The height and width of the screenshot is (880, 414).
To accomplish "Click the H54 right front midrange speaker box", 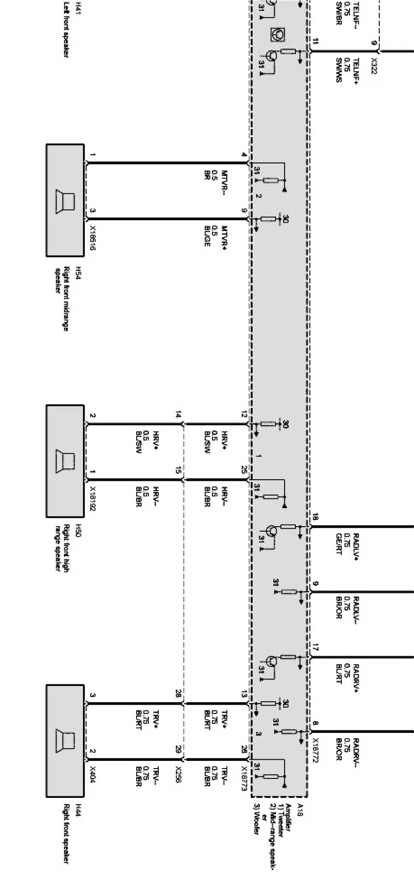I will pos(65,200).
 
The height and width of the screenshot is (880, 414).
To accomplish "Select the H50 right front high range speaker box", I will pos(65,461).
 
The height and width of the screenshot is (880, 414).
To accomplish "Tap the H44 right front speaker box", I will pos(65,741).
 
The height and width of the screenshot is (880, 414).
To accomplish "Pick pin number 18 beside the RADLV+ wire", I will pos(316,517).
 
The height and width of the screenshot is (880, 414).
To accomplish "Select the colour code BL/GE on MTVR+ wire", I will pos(207,236).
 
